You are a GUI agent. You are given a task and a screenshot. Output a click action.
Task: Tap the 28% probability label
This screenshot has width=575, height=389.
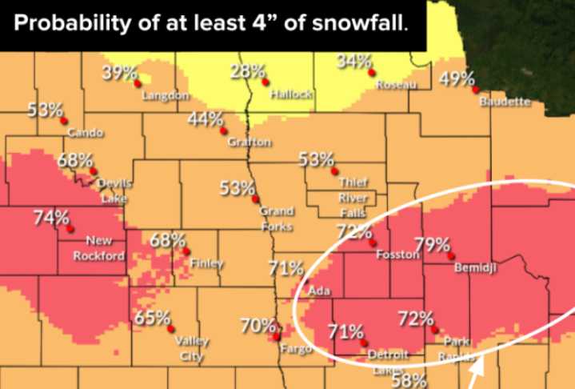tap(247, 71)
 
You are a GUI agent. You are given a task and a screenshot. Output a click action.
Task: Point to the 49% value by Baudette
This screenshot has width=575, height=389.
tap(457, 78)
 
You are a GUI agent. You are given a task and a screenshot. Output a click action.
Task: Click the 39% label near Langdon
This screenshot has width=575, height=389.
tap(120, 73)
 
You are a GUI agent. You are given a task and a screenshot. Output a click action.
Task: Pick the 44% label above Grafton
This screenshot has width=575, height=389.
tap(206, 119)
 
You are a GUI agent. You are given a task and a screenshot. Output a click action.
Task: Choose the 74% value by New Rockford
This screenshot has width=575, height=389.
tap(51, 217)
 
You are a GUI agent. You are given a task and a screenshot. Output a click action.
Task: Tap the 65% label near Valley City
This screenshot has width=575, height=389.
tap(150, 317)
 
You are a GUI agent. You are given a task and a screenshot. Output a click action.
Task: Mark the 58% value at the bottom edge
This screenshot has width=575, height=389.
tap(408, 380)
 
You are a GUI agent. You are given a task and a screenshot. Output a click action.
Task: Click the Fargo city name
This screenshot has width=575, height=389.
tap(293, 348)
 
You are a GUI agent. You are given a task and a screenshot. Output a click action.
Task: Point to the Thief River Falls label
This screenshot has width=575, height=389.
tap(352, 197)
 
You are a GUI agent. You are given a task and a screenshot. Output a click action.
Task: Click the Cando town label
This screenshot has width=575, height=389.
tap(85, 131)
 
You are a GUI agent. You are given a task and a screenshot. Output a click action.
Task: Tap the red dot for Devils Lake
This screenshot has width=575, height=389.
tap(94, 170)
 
